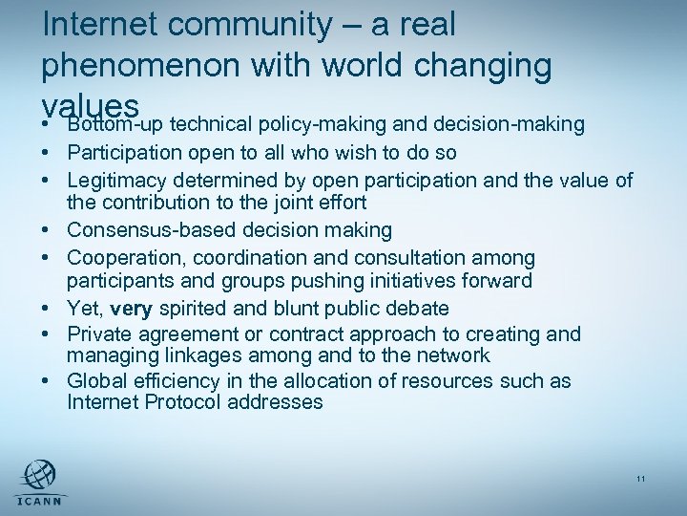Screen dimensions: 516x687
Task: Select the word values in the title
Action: [92, 103]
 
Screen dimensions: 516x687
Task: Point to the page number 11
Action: [640, 479]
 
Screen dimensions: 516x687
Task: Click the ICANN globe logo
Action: [37, 475]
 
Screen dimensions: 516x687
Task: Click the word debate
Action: [423, 309]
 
